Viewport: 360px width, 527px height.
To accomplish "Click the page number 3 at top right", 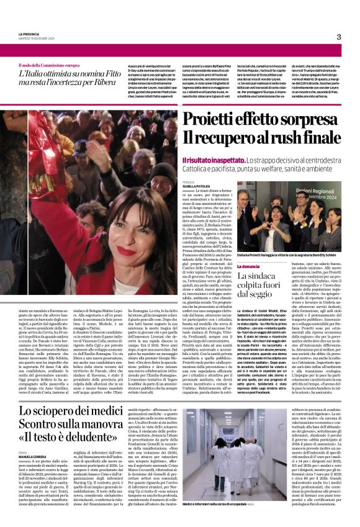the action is click(x=339, y=37).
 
